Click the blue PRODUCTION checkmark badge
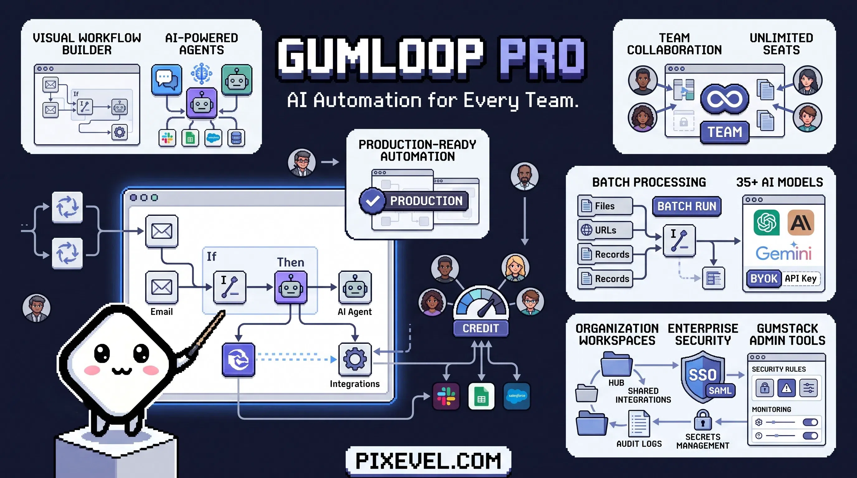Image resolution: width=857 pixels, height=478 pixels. click(372, 201)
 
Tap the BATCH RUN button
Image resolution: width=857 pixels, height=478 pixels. click(687, 206)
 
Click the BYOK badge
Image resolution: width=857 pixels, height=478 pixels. click(764, 279)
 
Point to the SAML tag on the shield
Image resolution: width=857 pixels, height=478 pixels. click(720, 391)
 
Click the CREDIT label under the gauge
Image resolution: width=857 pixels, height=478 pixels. click(481, 328)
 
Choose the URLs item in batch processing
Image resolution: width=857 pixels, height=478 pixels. click(605, 230)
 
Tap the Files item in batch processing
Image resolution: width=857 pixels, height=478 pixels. click(605, 206)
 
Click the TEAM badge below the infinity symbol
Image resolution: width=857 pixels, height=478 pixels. click(725, 132)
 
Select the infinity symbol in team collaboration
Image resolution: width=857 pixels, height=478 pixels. click(725, 99)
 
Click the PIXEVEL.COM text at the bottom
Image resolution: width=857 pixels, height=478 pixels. click(428, 461)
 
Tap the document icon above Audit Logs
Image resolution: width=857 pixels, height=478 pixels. click(639, 424)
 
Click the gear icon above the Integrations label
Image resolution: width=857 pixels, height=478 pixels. click(355, 359)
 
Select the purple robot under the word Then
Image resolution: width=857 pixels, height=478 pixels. click(291, 287)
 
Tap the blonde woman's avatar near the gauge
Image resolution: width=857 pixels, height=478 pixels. click(515, 268)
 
